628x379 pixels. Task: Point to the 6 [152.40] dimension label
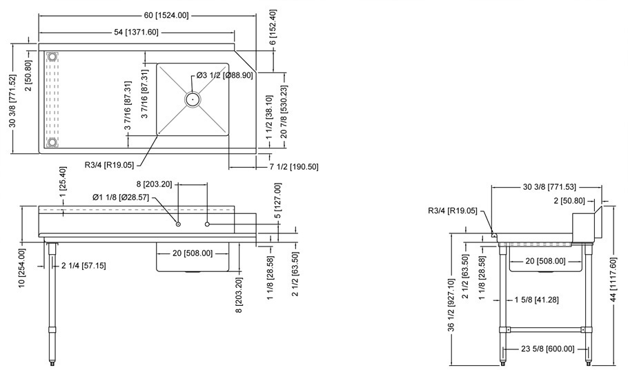(x=273, y=28)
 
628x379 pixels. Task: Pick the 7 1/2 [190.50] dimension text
(x=293, y=166)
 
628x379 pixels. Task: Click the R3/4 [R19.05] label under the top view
(x=111, y=165)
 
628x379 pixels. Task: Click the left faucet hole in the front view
(x=178, y=224)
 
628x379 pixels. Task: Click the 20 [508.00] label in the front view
(x=193, y=253)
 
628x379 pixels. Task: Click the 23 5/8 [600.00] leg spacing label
(x=545, y=349)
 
